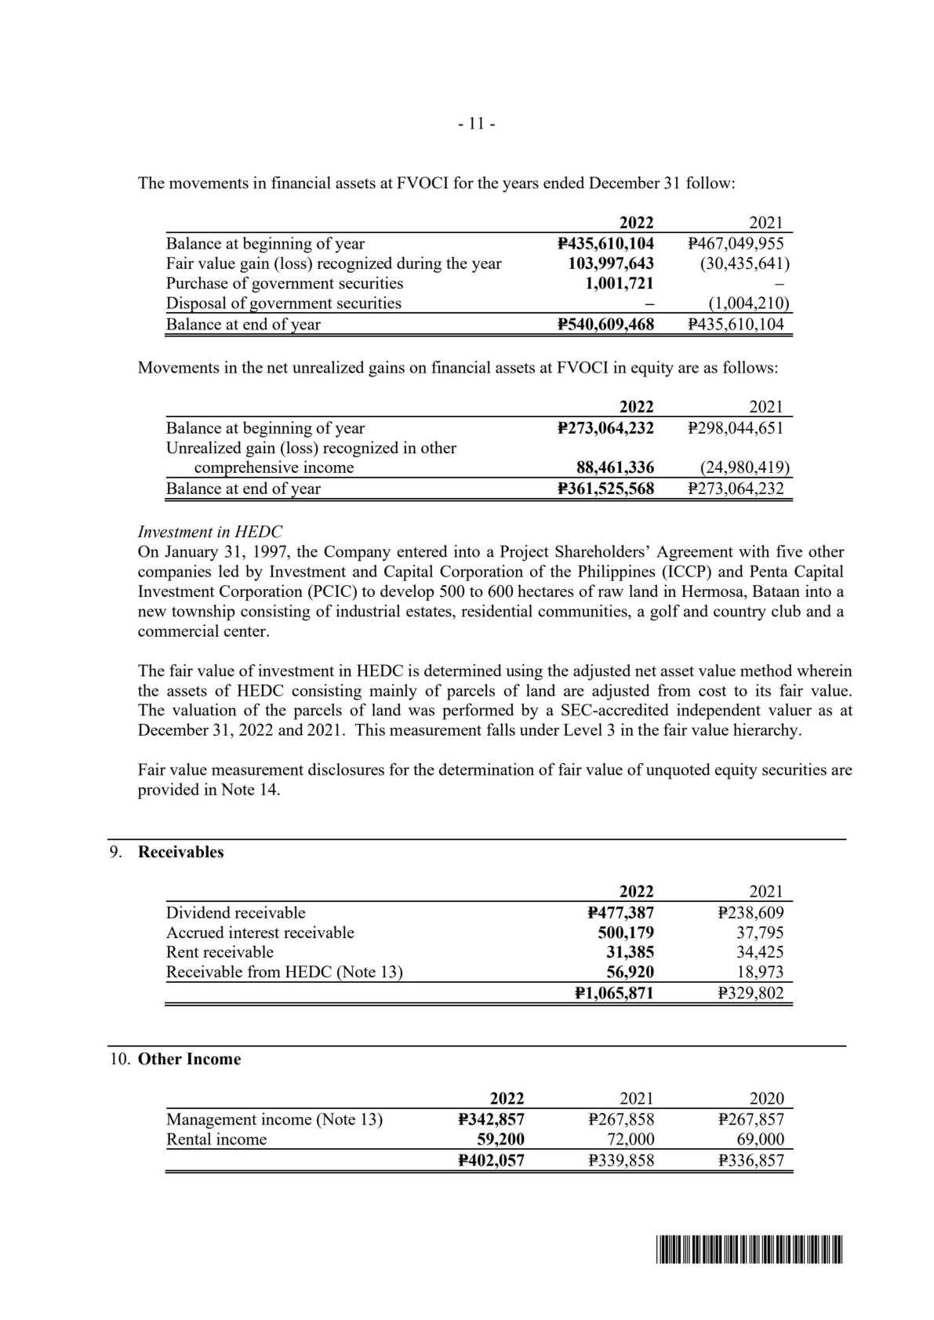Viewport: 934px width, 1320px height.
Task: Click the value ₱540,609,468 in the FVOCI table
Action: click(x=605, y=324)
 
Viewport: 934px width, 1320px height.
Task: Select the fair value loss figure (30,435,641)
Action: click(x=744, y=264)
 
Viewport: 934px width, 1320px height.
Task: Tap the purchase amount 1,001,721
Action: click(x=619, y=283)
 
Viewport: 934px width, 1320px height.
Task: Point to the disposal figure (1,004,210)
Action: click(x=748, y=304)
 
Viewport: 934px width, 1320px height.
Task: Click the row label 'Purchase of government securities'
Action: click(x=285, y=283)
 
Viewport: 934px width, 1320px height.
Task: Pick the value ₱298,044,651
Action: click(x=735, y=427)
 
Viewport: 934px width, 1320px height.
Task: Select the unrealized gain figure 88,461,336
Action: click(x=615, y=468)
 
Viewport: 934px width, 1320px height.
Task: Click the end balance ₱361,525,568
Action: click(x=605, y=489)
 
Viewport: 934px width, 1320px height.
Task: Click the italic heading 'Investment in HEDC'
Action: click(x=210, y=532)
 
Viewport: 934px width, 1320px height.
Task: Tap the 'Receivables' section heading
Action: click(x=180, y=852)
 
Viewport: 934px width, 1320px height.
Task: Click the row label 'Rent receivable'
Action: click(x=220, y=952)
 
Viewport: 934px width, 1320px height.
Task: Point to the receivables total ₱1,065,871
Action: click(x=614, y=993)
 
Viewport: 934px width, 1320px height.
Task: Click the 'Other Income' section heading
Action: click(x=189, y=1059)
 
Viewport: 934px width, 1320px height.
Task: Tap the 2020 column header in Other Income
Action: click(x=766, y=1099)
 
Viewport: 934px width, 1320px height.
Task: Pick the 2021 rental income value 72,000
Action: click(x=631, y=1140)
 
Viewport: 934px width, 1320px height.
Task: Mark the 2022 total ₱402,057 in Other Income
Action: click(x=491, y=1161)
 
